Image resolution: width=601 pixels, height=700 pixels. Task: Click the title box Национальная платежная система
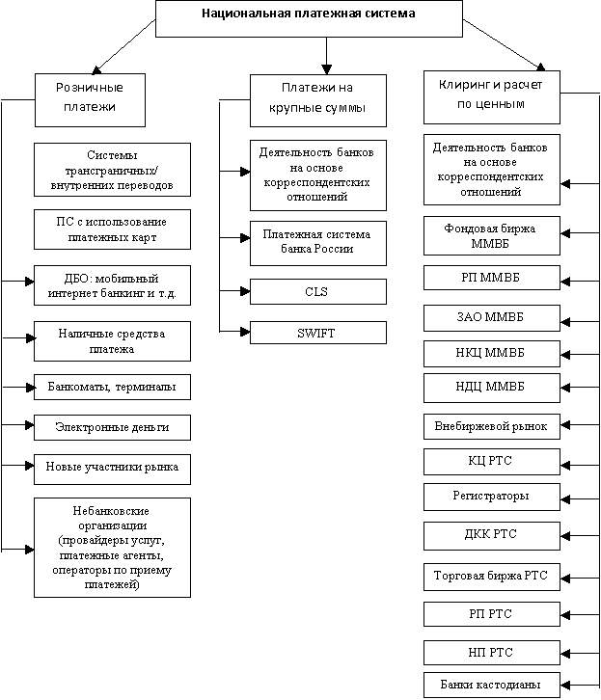(309, 18)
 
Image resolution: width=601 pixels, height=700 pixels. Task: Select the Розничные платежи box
(90, 100)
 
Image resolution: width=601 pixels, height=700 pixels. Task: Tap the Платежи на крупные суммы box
(318, 100)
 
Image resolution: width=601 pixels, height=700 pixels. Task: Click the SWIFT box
(318, 333)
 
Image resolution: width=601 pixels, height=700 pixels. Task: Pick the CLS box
(318, 291)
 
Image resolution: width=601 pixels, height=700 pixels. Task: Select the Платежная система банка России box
(318, 243)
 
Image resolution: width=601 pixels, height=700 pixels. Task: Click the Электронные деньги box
(112, 427)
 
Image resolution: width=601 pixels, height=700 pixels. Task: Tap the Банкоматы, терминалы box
(112, 387)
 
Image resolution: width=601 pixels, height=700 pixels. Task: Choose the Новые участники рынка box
(112, 470)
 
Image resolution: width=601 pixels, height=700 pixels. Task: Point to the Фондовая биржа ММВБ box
(492, 235)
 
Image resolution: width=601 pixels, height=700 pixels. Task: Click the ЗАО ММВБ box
(492, 318)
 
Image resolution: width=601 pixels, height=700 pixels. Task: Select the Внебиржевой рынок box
(492, 426)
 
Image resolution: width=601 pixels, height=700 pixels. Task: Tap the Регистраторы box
(492, 497)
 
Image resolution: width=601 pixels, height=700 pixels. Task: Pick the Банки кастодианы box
(492, 685)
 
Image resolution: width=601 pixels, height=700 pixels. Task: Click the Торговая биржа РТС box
(492, 577)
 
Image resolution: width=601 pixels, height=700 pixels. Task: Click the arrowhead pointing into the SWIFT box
(245, 332)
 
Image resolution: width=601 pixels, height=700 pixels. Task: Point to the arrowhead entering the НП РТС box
(565, 654)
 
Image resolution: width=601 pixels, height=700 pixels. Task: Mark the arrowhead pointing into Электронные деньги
(30, 424)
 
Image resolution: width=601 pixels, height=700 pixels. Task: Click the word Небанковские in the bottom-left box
(111, 511)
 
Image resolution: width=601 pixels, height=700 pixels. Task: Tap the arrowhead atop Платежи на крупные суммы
(326, 69)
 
